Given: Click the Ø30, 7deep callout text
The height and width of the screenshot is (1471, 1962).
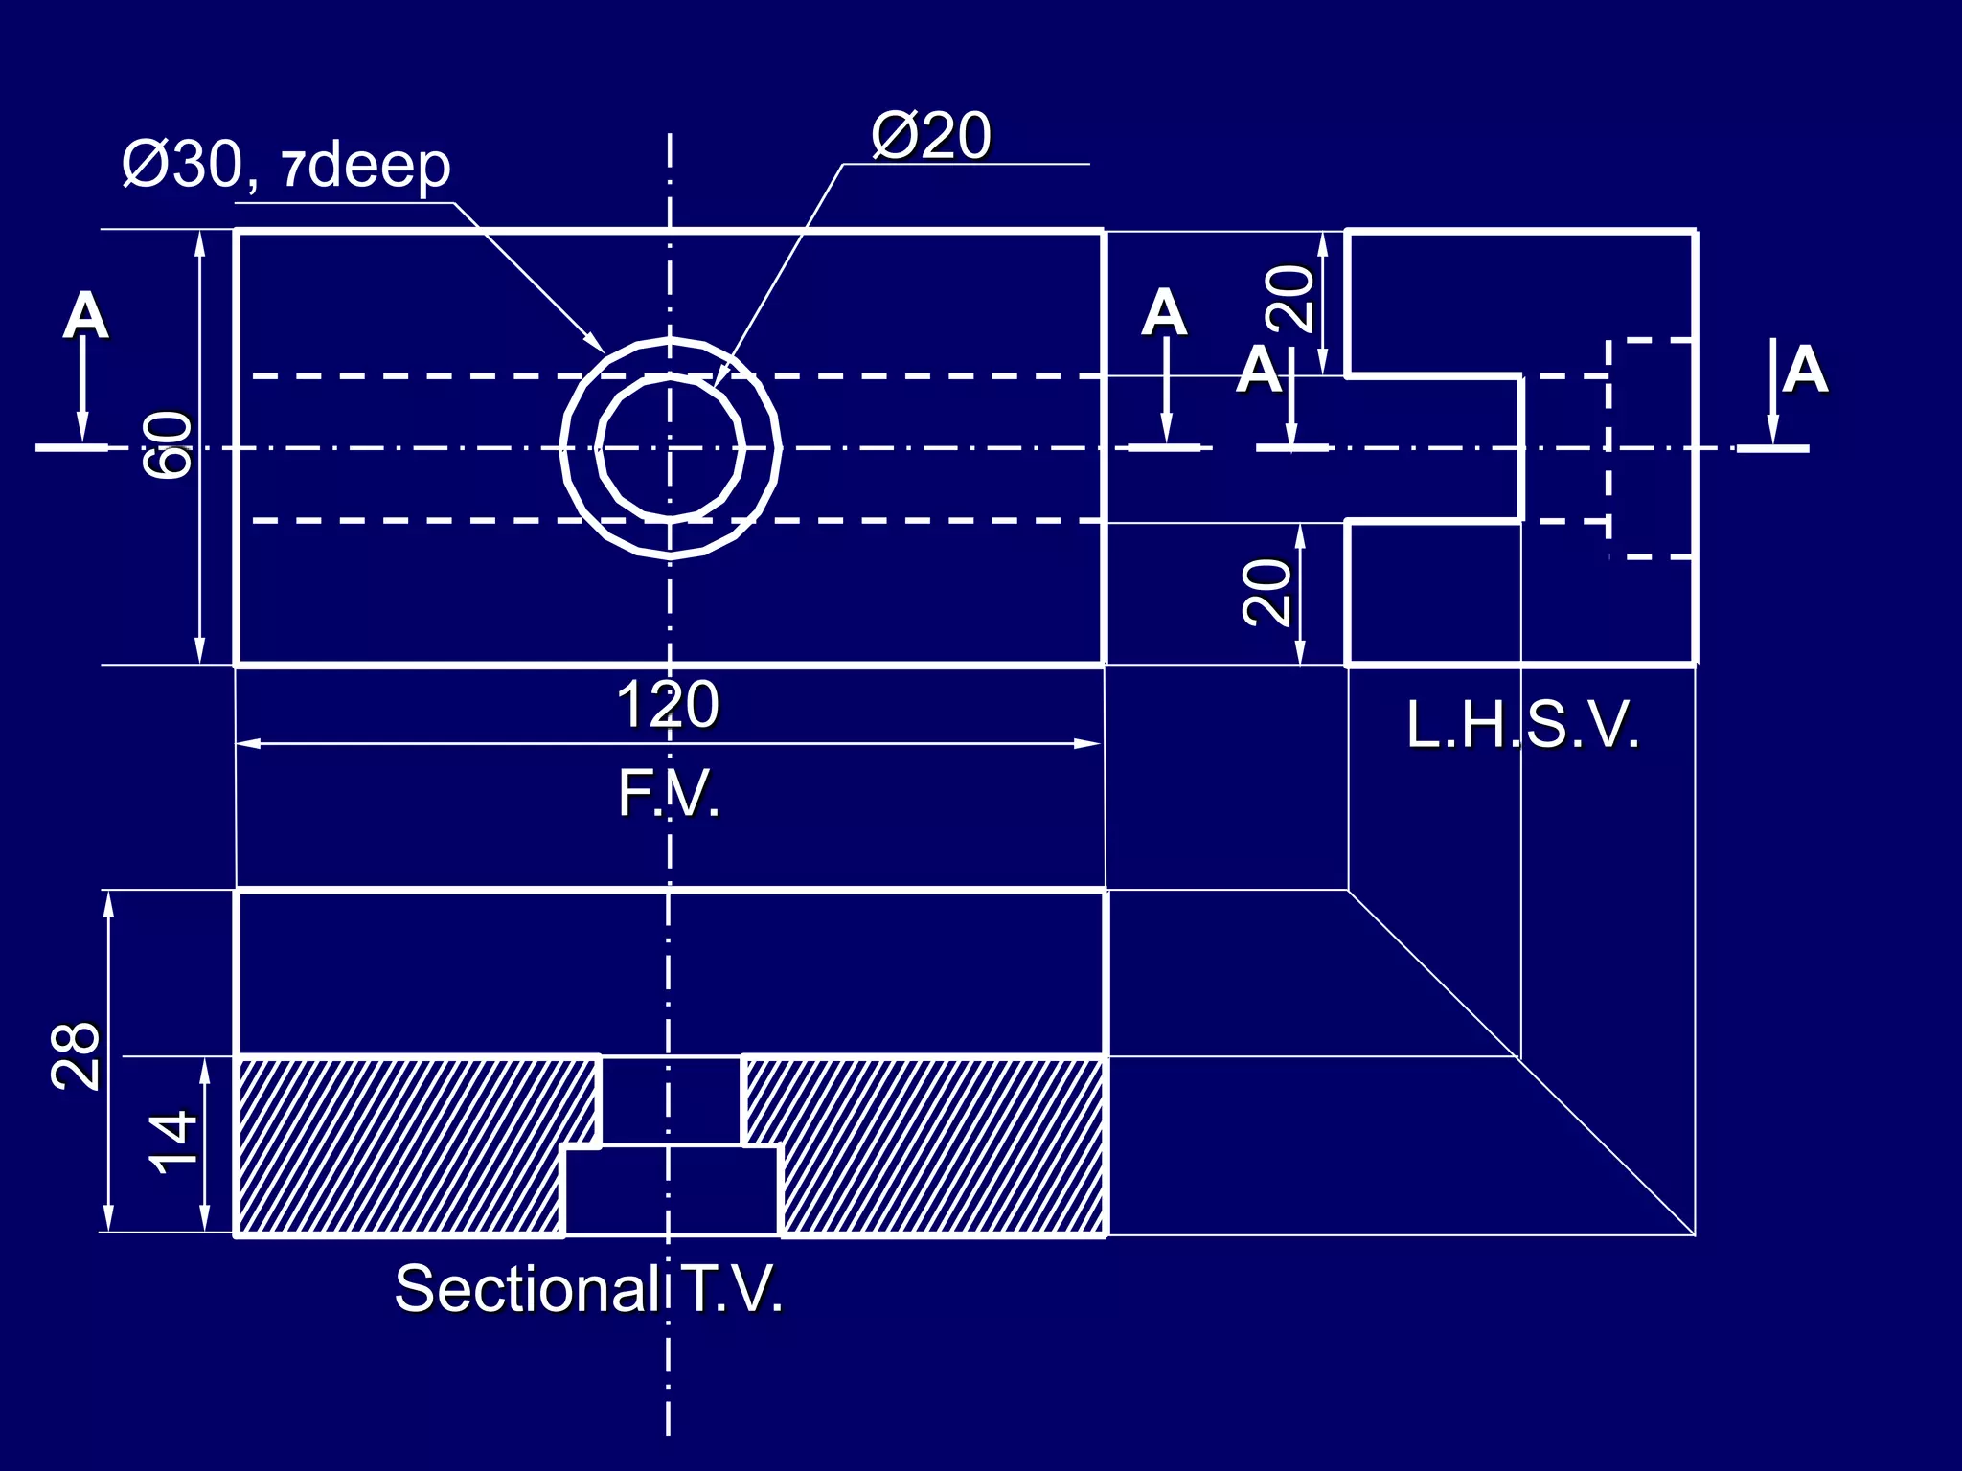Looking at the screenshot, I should [285, 165].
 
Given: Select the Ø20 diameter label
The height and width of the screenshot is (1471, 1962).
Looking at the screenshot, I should [930, 136].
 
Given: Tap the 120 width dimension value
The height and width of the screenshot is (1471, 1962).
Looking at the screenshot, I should [667, 705].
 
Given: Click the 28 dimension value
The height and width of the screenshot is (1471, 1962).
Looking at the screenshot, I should [76, 1055].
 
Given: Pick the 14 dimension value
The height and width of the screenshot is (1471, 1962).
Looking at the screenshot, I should [173, 1143].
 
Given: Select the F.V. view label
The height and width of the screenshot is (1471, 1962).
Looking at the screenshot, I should [668, 794].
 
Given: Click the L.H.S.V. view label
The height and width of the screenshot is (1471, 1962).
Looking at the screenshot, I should [1522, 725].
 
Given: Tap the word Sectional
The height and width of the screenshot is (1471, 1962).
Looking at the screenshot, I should [525, 1289].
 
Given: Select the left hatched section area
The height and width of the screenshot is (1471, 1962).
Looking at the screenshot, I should [402, 1144].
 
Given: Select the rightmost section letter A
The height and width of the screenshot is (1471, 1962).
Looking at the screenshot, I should [1805, 370].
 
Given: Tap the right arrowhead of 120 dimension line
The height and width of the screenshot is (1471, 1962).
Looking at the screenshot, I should [1088, 743].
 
